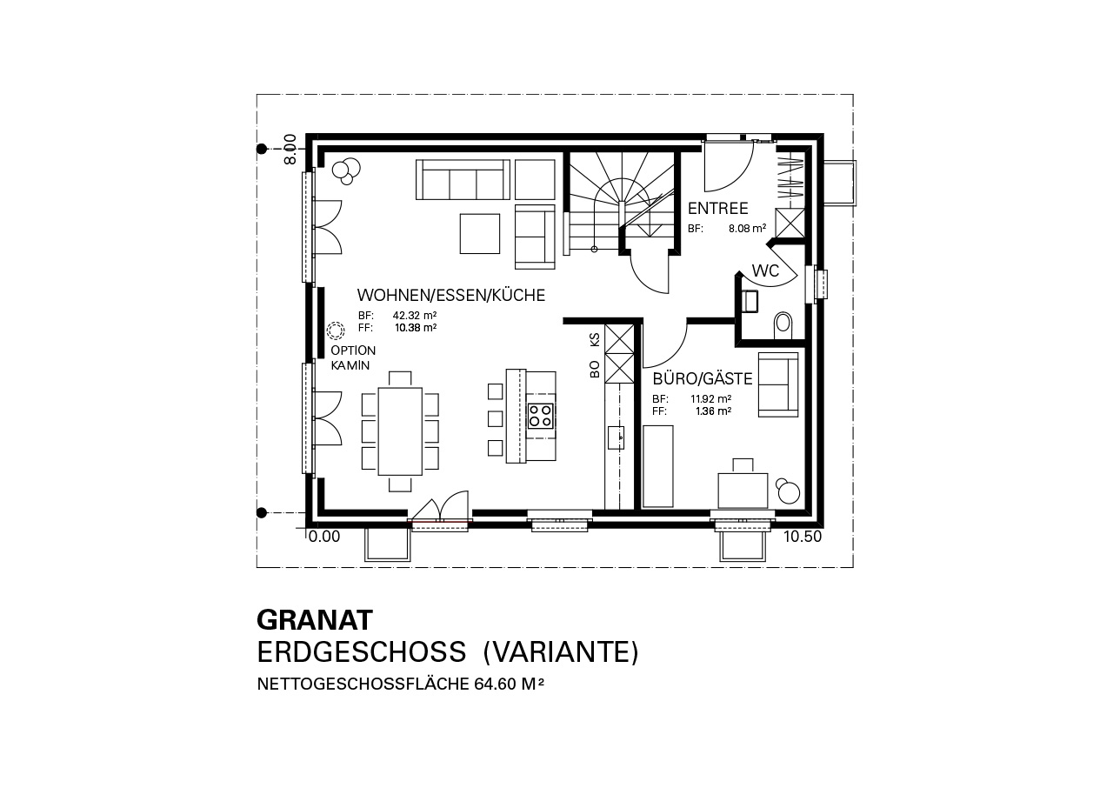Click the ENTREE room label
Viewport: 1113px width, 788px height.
click(717, 208)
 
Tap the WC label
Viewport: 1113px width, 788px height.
click(765, 270)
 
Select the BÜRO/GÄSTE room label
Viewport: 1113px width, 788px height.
click(702, 379)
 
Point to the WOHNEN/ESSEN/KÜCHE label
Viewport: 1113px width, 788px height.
click(450, 295)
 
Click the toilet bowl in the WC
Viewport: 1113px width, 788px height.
click(783, 325)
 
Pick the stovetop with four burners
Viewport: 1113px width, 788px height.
click(540, 416)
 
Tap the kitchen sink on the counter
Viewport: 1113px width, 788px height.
click(616, 437)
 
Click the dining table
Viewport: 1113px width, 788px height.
click(400, 431)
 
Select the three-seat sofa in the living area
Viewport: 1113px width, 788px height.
click(463, 180)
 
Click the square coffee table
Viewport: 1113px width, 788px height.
click(479, 233)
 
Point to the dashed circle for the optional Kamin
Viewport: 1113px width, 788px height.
click(336, 330)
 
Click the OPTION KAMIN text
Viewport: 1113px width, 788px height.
click(353, 357)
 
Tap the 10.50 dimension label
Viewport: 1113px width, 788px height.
click(803, 537)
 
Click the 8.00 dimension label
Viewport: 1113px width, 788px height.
click(290, 149)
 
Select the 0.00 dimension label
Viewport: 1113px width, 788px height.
click(324, 537)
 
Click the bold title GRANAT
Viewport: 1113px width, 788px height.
click(315, 619)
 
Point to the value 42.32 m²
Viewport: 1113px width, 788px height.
click(415, 316)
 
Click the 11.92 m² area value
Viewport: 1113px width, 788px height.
click(710, 399)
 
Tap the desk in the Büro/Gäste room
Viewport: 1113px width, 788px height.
click(743, 491)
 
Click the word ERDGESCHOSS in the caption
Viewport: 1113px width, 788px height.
click(361, 652)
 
